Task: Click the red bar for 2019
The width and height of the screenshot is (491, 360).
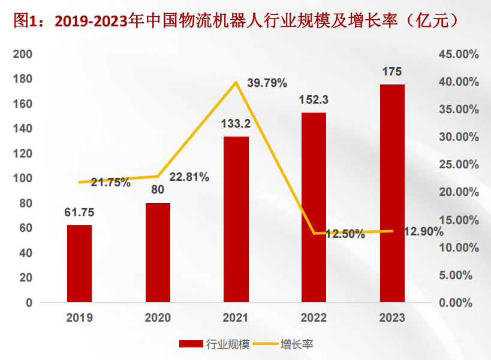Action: point(79,264)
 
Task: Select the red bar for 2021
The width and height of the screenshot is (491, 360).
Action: point(236,219)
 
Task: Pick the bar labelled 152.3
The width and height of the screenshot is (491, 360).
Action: point(314,207)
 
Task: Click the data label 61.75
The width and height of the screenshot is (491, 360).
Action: point(79,213)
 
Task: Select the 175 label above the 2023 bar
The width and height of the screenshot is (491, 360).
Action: point(392,72)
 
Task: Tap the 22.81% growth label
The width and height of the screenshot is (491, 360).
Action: point(189,177)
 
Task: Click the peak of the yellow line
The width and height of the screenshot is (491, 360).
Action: point(236,82)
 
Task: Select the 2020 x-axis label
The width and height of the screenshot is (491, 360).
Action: point(158,318)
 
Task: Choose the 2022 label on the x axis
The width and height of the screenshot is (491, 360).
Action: point(314,318)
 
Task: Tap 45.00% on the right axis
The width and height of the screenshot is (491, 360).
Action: point(458,55)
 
